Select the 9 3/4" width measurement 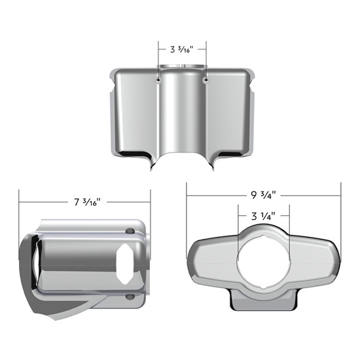pos(264,194)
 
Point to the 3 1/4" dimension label pos(263,215)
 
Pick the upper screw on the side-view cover pos(131,230)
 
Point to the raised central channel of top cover pos(183,111)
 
